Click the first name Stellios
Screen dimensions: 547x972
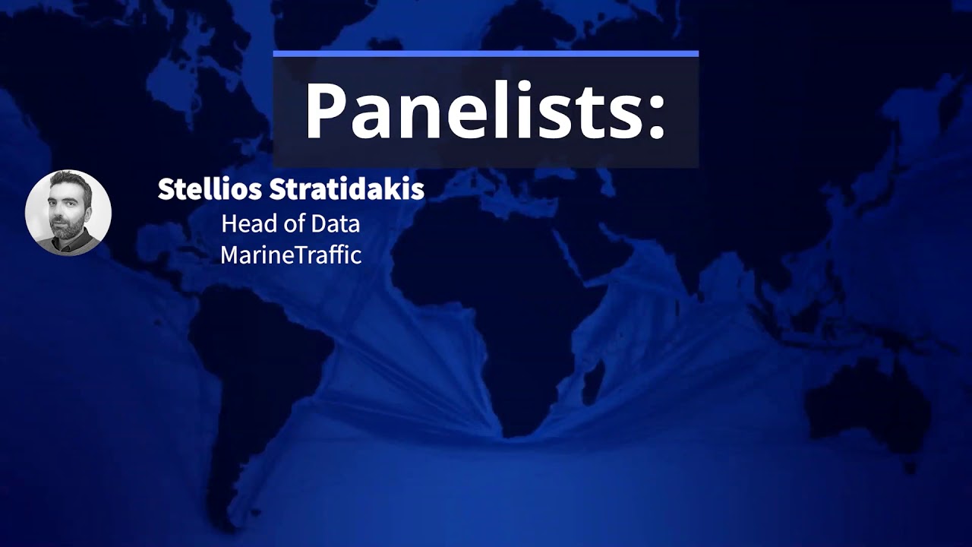200,190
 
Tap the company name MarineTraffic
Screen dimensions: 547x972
291,255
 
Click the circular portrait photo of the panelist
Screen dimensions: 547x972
68,213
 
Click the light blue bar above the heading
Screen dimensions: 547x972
485,54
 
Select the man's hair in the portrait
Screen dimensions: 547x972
67,182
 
